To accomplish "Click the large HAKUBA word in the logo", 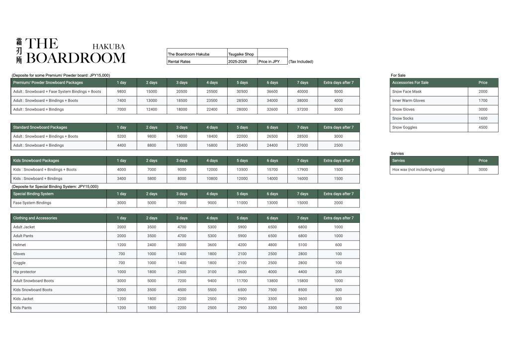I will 108,46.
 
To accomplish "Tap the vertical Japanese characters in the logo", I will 19,51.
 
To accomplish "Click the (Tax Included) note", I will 301,62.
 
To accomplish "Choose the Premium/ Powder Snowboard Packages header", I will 48,83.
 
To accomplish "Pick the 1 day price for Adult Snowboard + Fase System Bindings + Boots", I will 121,91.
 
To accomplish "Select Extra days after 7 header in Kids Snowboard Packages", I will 338,161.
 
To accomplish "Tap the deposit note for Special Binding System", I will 55,186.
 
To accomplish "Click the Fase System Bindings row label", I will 32,203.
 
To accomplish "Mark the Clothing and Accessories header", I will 35,218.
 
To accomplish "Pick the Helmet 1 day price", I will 121,245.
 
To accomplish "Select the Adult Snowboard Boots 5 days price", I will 242,281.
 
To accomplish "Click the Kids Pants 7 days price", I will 302,308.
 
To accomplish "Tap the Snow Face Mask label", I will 407,91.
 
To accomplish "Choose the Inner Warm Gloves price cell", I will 483,100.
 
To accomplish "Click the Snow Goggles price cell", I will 483,127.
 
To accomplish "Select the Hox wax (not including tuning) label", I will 418,170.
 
